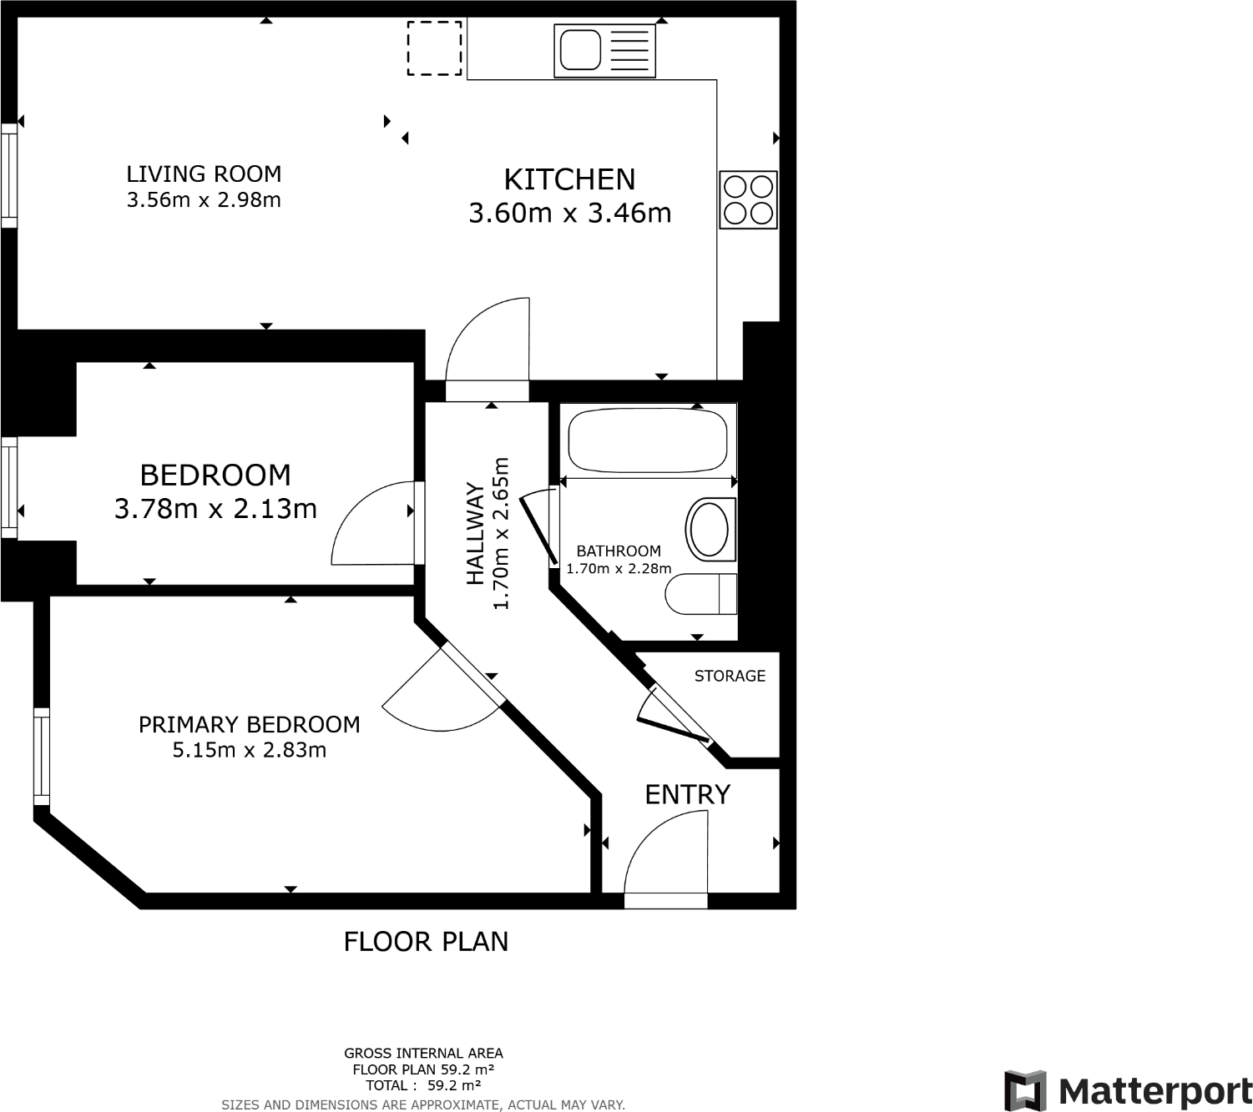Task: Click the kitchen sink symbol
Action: [604, 49]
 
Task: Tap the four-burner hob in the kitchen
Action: [748, 200]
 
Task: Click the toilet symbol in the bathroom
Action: [701, 594]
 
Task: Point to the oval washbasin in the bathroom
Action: [710, 529]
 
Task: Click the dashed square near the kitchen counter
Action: [434, 48]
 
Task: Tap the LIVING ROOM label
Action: [204, 174]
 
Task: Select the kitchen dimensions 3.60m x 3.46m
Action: [569, 213]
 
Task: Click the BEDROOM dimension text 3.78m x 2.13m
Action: [215, 508]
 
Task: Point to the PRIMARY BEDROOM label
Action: [249, 724]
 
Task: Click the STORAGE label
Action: [730, 676]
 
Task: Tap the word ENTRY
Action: [687, 794]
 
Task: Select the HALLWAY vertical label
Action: [475, 534]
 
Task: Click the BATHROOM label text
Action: [618, 551]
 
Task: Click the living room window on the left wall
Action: [8, 175]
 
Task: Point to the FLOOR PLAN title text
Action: [426, 941]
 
